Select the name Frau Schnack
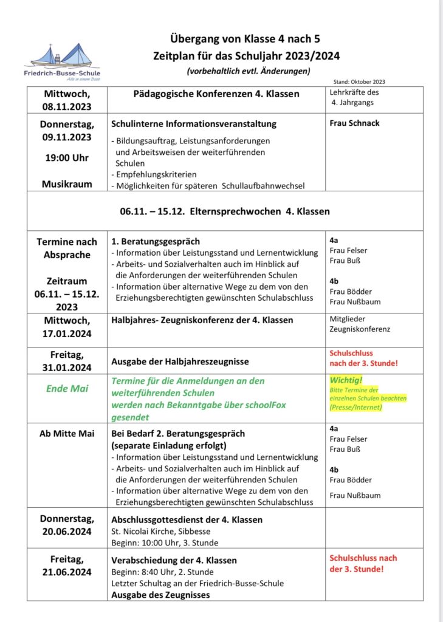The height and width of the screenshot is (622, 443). (x=354, y=123)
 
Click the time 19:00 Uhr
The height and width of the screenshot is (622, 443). (x=67, y=158)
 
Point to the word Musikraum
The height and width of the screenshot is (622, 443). (x=67, y=183)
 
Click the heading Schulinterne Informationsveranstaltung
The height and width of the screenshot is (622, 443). (x=194, y=124)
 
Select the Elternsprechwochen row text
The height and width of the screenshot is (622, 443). (x=225, y=211)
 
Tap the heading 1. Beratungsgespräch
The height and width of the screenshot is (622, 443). (x=156, y=241)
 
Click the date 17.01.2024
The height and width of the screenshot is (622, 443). (x=67, y=333)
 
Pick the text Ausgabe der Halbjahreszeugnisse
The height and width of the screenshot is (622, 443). (x=180, y=361)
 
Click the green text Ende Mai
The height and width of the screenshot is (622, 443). (x=67, y=389)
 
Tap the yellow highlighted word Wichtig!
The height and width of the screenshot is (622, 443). (x=344, y=380)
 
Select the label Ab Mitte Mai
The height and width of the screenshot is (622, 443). (x=67, y=433)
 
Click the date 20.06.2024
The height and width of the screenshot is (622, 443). (x=67, y=531)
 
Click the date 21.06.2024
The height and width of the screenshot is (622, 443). (x=67, y=572)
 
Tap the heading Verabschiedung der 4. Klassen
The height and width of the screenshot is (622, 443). (x=174, y=560)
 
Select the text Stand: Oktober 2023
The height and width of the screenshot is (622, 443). (x=359, y=81)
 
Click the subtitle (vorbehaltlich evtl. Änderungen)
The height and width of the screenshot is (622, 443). (x=248, y=71)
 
